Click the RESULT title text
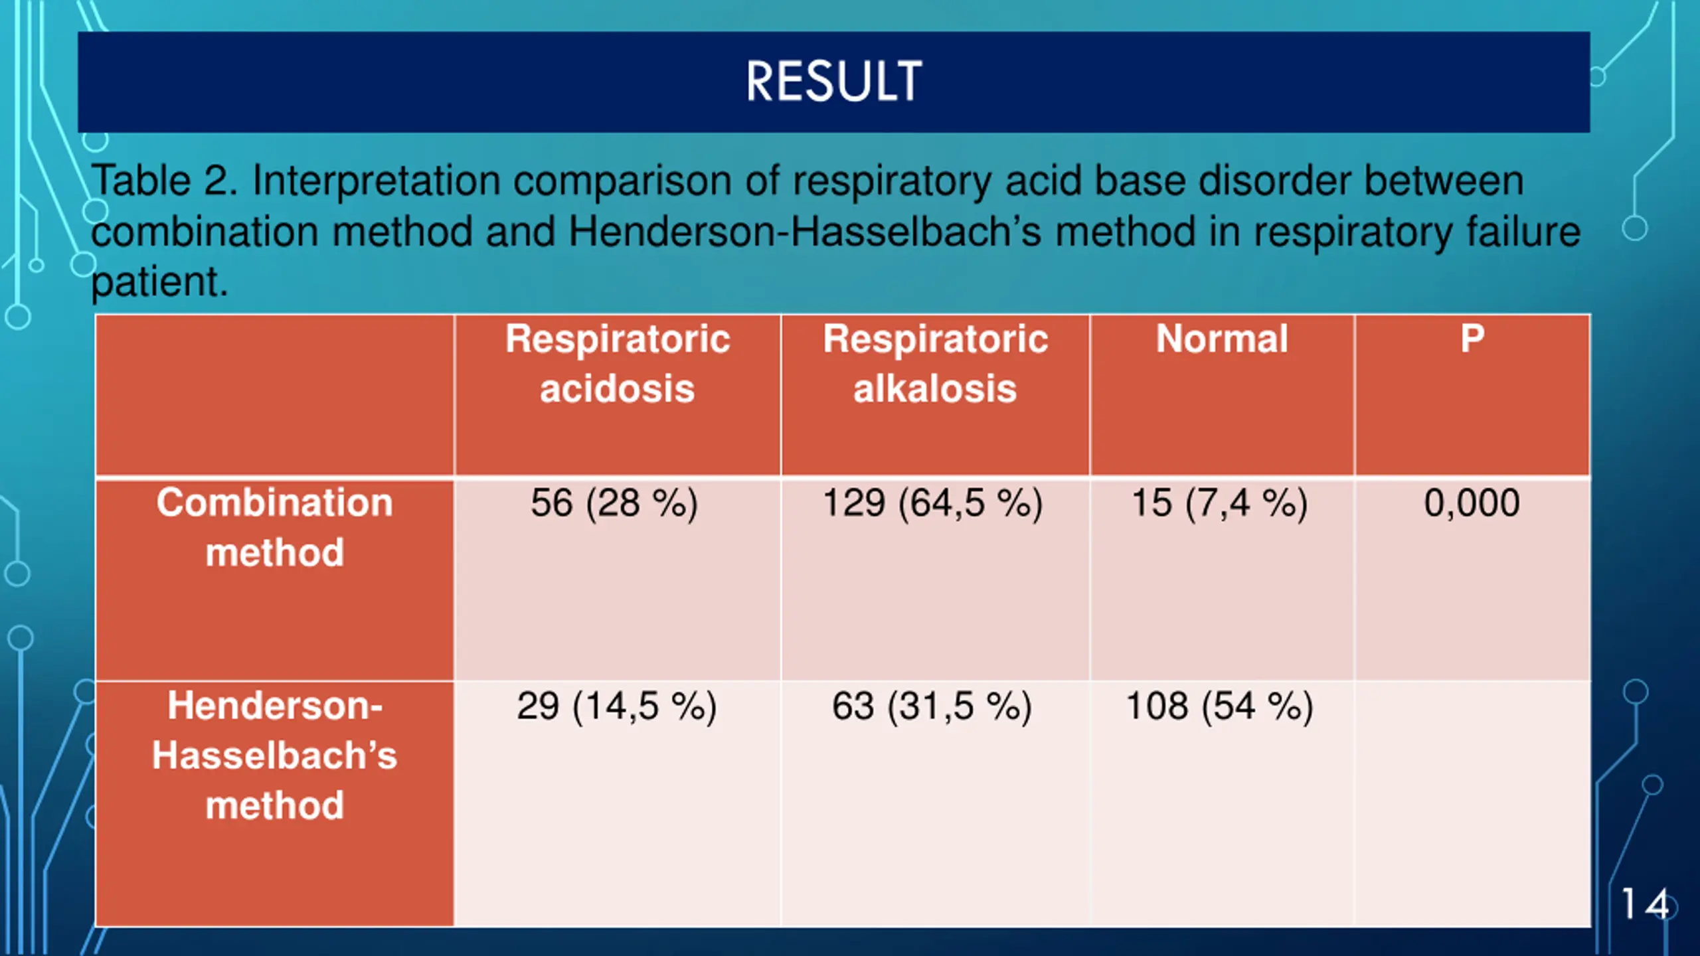click(833, 82)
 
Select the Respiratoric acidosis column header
click(618, 363)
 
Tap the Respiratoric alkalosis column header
click(935, 363)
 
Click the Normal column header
click(1222, 339)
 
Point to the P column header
click(1472, 339)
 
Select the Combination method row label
click(274, 527)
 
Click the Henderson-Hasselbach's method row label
click(274, 755)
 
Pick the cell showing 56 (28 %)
click(614, 503)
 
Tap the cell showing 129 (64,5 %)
click(933, 503)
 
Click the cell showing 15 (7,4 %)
click(1220, 503)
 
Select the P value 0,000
click(1472, 503)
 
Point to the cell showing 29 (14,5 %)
click(617, 706)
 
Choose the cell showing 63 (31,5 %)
click(932, 706)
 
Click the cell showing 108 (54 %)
click(1220, 706)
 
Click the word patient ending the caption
click(159, 281)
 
